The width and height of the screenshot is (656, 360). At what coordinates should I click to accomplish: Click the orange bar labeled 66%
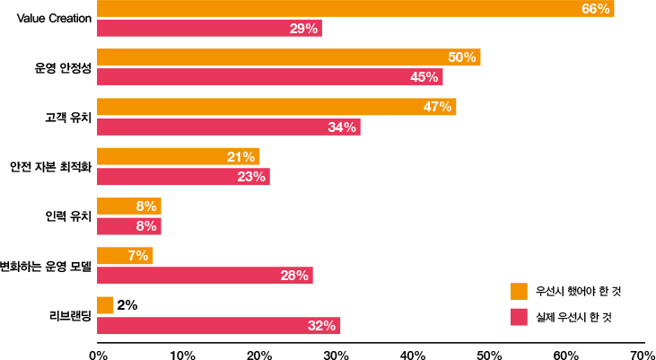click(x=355, y=8)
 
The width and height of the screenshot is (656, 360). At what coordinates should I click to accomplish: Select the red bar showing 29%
click(x=209, y=28)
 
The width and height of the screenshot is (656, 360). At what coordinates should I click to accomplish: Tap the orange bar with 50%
click(x=289, y=57)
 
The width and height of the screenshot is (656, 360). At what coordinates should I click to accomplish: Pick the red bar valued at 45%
click(x=269, y=76)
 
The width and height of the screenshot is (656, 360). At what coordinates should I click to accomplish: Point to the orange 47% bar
click(x=276, y=107)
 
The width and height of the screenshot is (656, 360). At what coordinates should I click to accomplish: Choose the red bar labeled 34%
click(x=228, y=127)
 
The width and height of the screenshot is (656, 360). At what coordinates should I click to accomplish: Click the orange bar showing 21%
click(x=178, y=156)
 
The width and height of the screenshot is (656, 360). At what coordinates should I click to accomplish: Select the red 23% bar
click(x=183, y=176)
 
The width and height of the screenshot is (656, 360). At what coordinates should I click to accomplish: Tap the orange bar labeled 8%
click(x=128, y=206)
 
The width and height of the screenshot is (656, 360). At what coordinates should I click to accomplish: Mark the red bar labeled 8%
click(x=128, y=225)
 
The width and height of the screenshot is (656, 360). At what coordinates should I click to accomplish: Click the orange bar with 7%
click(x=125, y=256)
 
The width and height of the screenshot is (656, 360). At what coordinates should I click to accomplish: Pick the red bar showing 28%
click(x=205, y=276)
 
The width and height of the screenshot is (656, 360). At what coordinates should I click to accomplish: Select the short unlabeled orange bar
click(x=105, y=305)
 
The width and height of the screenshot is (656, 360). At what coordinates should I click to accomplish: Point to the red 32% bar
click(x=218, y=326)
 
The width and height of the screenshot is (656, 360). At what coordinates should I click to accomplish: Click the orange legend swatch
click(x=519, y=291)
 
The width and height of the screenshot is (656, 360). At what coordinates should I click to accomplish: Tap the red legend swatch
click(x=519, y=317)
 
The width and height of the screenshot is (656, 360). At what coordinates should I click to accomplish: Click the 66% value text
click(x=595, y=8)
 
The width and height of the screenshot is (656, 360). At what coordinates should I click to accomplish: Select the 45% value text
click(x=424, y=76)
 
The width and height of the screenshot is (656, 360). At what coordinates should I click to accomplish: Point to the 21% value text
click(x=241, y=156)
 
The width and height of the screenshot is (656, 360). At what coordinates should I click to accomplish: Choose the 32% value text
click(x=321, y=326)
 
